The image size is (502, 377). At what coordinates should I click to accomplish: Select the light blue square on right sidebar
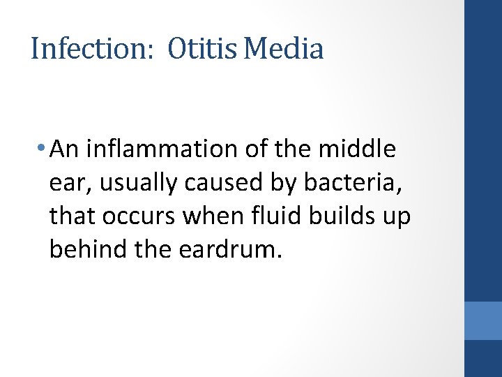(x=483, y=320)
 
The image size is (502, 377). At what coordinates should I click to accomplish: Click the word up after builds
(x=397, y=218)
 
